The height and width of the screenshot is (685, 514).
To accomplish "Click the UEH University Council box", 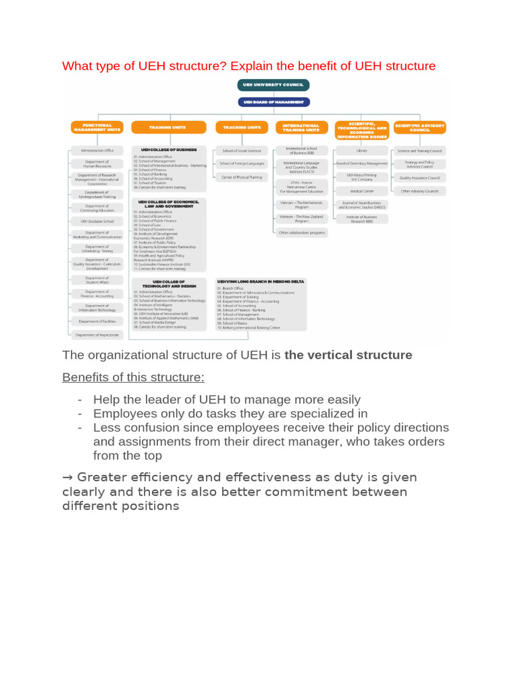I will (x=273, y=85).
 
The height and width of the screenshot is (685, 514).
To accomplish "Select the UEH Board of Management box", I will (x=273, y=102).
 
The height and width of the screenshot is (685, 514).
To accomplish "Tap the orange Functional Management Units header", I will (x=98, y=127).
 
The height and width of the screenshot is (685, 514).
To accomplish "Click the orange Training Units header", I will (x=168, y=127).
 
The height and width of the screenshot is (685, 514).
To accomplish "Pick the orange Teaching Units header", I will (x=242, y=127).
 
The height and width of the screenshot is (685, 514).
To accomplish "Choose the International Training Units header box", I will (x=301, y=127).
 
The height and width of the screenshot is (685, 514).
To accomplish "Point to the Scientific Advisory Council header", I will (x=420, y=127).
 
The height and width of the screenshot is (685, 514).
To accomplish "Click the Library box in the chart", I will (x=362, y=151).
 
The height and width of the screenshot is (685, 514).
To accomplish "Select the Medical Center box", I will (x=362, y=191).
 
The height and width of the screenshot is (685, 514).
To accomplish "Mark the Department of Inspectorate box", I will (x=98, y=334).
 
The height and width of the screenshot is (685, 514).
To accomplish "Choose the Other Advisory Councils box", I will (x=420, y=191).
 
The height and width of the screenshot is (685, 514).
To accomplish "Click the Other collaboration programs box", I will (x=303, y=233).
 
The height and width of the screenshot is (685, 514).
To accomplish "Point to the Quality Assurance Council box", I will (x=420, y=178).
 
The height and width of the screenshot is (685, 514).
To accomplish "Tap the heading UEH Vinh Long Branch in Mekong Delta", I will (x=261, y=282).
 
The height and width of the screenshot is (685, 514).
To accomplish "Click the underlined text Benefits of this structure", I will (x=133, y=377).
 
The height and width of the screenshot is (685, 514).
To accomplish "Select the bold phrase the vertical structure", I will (x=348, y=355).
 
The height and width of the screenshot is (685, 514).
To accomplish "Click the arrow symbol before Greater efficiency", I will (x=68, y=478).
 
